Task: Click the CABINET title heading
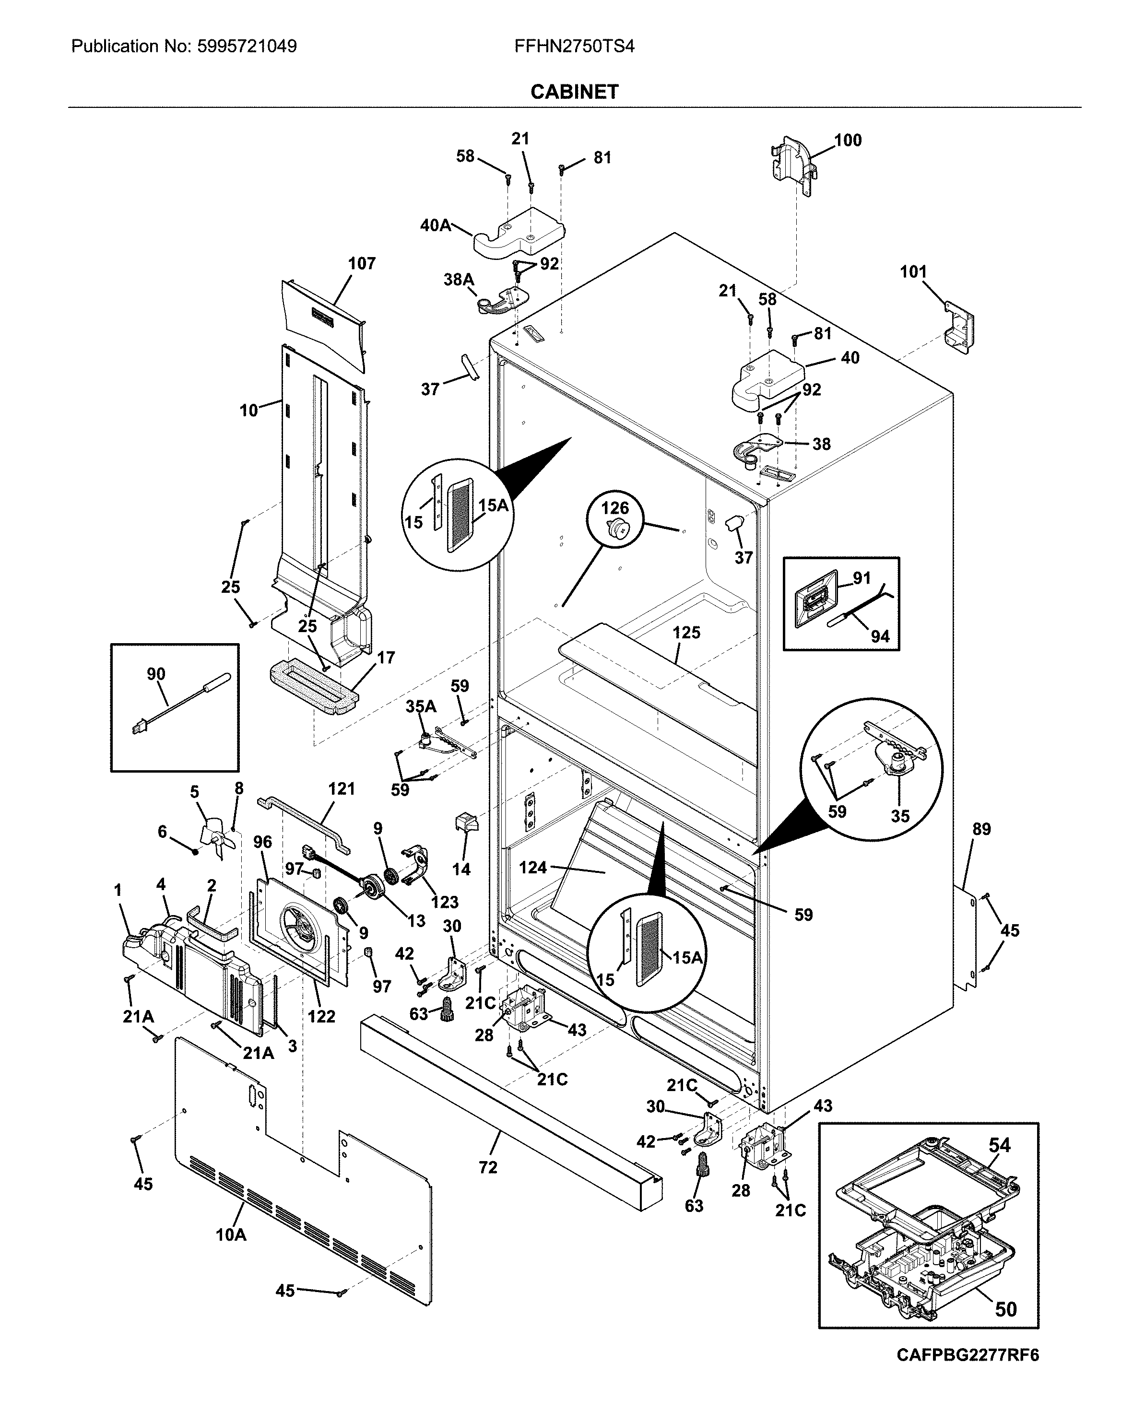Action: [574, 92]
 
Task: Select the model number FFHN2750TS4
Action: [574, 46]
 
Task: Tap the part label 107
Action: [362, 264]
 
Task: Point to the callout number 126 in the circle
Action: [614, 508]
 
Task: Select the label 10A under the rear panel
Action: [231, 1234]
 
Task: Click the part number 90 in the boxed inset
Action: [155, 674]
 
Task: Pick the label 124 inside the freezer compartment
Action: [532, 867]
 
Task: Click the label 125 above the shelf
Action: [686, 633]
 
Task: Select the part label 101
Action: [913, 272]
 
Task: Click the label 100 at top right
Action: [848, 140]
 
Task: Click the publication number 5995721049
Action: [246, 46]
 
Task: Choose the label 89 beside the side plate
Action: [981, 829]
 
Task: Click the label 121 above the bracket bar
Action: [341, 789]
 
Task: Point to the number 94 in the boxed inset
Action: [880, 636]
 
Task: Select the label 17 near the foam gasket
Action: [386, 658]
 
